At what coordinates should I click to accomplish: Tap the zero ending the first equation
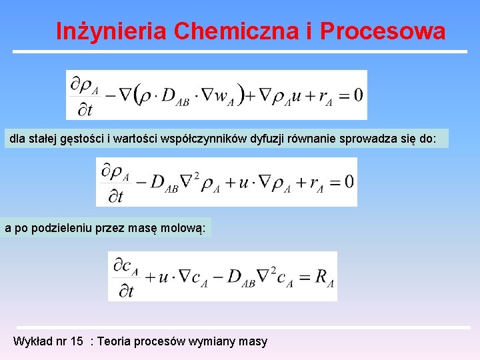click(357, 94)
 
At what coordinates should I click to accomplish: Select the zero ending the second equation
click(349, 181)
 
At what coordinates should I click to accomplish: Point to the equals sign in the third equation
click(304, 277)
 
